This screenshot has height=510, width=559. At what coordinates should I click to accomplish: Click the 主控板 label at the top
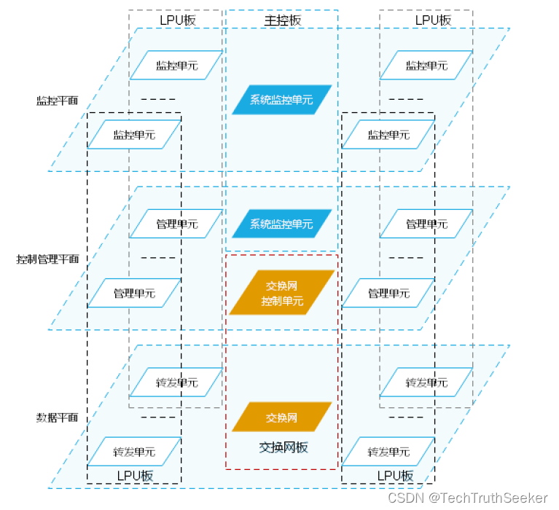tap(282, 20)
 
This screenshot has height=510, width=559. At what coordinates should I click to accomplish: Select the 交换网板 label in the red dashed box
tap(284, 447)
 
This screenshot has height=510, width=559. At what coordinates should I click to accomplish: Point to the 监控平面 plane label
tap(57, 101)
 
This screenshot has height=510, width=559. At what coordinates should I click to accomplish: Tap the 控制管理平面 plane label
tap(47, 259)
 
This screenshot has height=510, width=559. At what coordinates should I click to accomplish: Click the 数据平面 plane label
tap(57, 417)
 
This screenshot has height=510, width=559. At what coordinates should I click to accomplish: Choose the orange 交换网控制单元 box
tap(282, 293)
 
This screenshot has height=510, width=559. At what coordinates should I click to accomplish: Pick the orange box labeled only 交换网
tap(282, 417)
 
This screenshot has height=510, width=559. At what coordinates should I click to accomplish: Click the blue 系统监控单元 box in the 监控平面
tap(282, 100)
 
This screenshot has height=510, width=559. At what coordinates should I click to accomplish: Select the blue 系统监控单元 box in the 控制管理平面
tap(282, 224)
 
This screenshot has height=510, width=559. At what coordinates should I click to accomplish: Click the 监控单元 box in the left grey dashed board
tap(176, 65)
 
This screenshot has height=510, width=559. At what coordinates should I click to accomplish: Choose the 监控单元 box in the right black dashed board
tap(388, 135)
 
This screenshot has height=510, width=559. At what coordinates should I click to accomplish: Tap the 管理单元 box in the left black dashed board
tap(134, 294)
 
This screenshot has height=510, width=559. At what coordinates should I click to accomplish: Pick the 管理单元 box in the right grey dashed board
tap(426, 224)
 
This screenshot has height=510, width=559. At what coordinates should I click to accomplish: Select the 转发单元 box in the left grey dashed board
tap(176, 382)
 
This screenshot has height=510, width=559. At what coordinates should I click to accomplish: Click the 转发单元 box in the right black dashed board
tap(388, 452)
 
